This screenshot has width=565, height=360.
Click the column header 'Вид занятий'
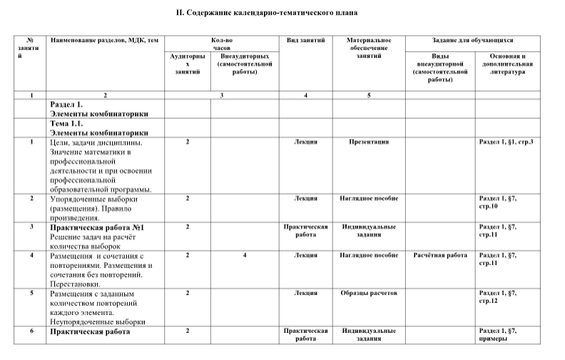pos(305,41)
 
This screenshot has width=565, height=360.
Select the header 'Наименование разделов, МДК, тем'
pos(104,41)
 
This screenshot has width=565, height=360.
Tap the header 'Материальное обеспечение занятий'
pos(368,48)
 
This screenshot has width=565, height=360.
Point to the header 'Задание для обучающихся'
pos(473,41)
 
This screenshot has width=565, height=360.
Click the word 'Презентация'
pos(368,143)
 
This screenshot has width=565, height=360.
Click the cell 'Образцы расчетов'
pos(368,293)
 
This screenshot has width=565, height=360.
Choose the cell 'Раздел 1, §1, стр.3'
pos(507,143)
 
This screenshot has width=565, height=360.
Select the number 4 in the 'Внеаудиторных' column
pos(245,254)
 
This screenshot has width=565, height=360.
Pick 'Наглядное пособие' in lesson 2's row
pos(368,198)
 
